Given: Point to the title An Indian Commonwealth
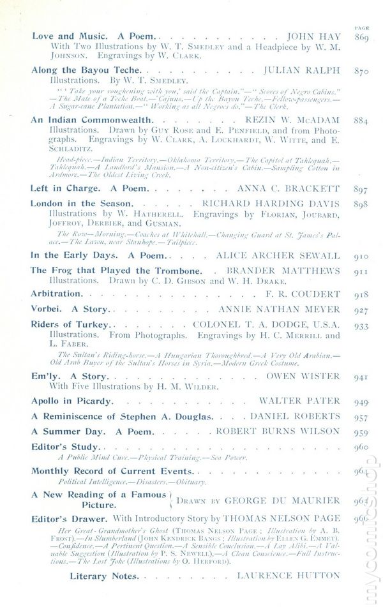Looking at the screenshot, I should point(87,119).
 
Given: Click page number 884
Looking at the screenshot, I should point(361,120).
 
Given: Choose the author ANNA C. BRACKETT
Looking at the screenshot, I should point(289,189).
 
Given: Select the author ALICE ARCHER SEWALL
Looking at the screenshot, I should point(285,255).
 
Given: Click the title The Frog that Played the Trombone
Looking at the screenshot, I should point(116,271).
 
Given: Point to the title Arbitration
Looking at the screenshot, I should point(57,294).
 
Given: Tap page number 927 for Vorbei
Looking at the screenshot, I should point(361,310).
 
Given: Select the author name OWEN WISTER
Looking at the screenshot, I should point(303,376).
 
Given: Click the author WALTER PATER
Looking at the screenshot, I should point(299,401).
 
